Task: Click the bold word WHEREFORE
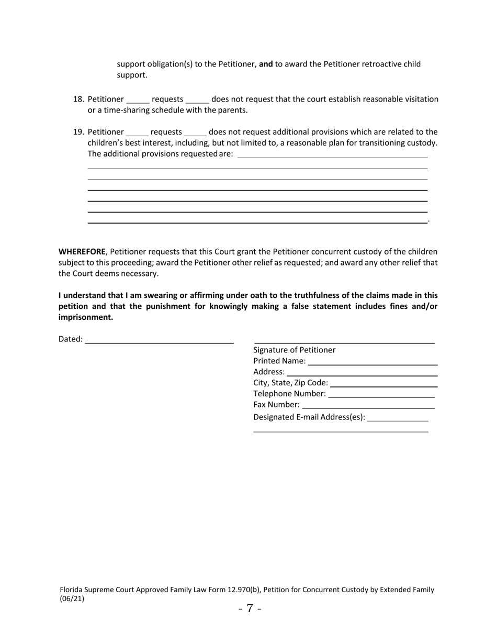tap(82, 252)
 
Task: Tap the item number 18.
tap(78, 99)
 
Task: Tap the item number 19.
tap(78, 132)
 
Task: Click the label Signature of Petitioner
tap(295, 350)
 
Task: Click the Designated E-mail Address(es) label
tap(309, 417)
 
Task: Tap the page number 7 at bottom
tap(250, 608)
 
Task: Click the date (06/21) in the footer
tap(72, 599)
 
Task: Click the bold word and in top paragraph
tap(266, 64)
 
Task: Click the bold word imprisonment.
tap(85, 317)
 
